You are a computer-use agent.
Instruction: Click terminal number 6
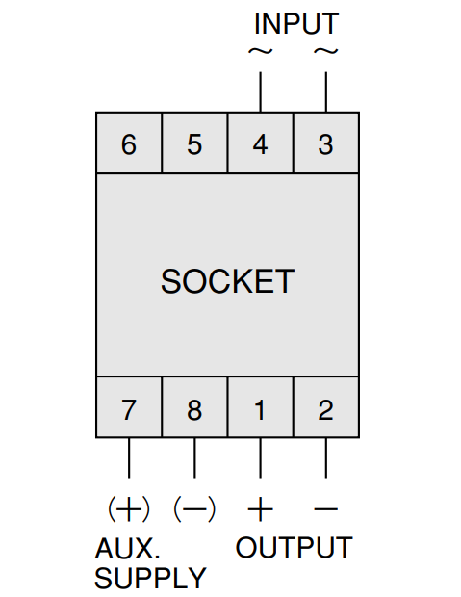129,144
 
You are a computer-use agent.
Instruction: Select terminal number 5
194,144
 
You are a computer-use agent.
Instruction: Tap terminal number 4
260,144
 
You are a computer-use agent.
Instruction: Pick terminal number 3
326,144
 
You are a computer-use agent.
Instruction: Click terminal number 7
129,410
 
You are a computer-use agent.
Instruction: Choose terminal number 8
194,410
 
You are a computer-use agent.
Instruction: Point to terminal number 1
260,410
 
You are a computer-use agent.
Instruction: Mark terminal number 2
326,410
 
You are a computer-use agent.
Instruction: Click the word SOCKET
228,281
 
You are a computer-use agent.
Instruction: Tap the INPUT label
296,24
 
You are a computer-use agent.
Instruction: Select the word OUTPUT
294,548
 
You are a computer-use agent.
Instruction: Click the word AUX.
127,548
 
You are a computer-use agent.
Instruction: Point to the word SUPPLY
150,578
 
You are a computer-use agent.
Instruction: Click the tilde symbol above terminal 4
261,51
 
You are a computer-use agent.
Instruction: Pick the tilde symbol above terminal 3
326,51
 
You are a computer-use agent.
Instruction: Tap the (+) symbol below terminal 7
129,508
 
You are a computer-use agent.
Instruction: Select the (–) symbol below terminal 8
194,508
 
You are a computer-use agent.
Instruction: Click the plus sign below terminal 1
261,508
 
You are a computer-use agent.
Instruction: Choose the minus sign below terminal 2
326,508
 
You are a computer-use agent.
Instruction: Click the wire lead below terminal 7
129,457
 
